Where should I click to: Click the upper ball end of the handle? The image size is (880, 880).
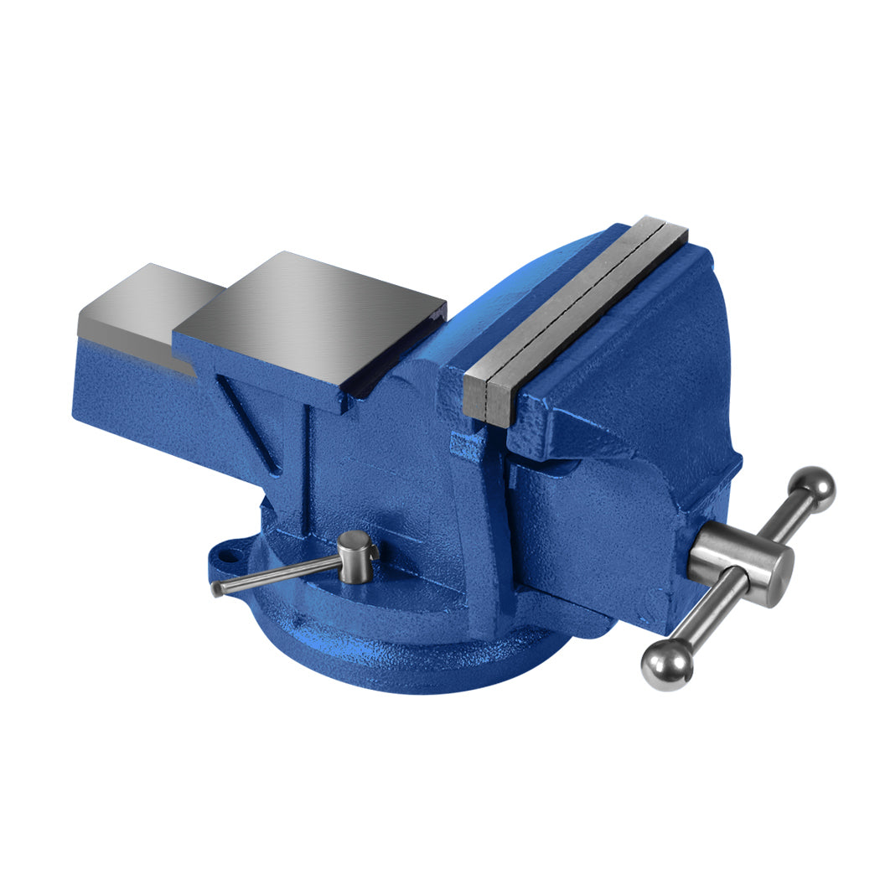click(813, 488)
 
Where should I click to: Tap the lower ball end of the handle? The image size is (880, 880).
click(667, 665)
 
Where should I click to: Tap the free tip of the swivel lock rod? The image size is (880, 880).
click(218, 588)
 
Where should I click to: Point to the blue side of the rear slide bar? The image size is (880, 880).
click(134, 394)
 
